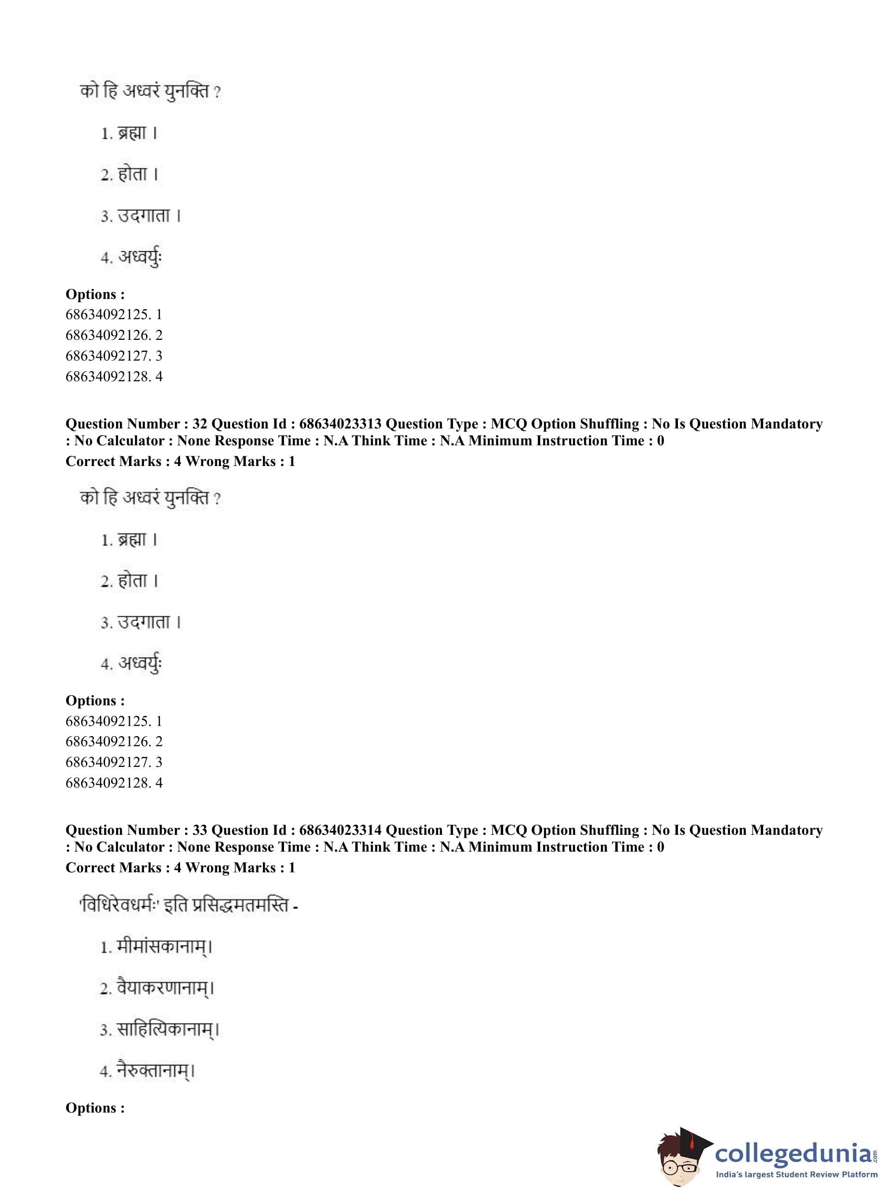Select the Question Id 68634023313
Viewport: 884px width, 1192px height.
tap(340, 424)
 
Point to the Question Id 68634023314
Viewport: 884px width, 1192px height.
tap(340, 830)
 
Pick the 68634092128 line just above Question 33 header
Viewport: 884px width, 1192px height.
tap(114, 783)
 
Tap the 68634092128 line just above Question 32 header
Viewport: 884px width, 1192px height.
tap(114, 376)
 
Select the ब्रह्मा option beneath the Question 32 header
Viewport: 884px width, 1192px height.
tap(131, 540)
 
